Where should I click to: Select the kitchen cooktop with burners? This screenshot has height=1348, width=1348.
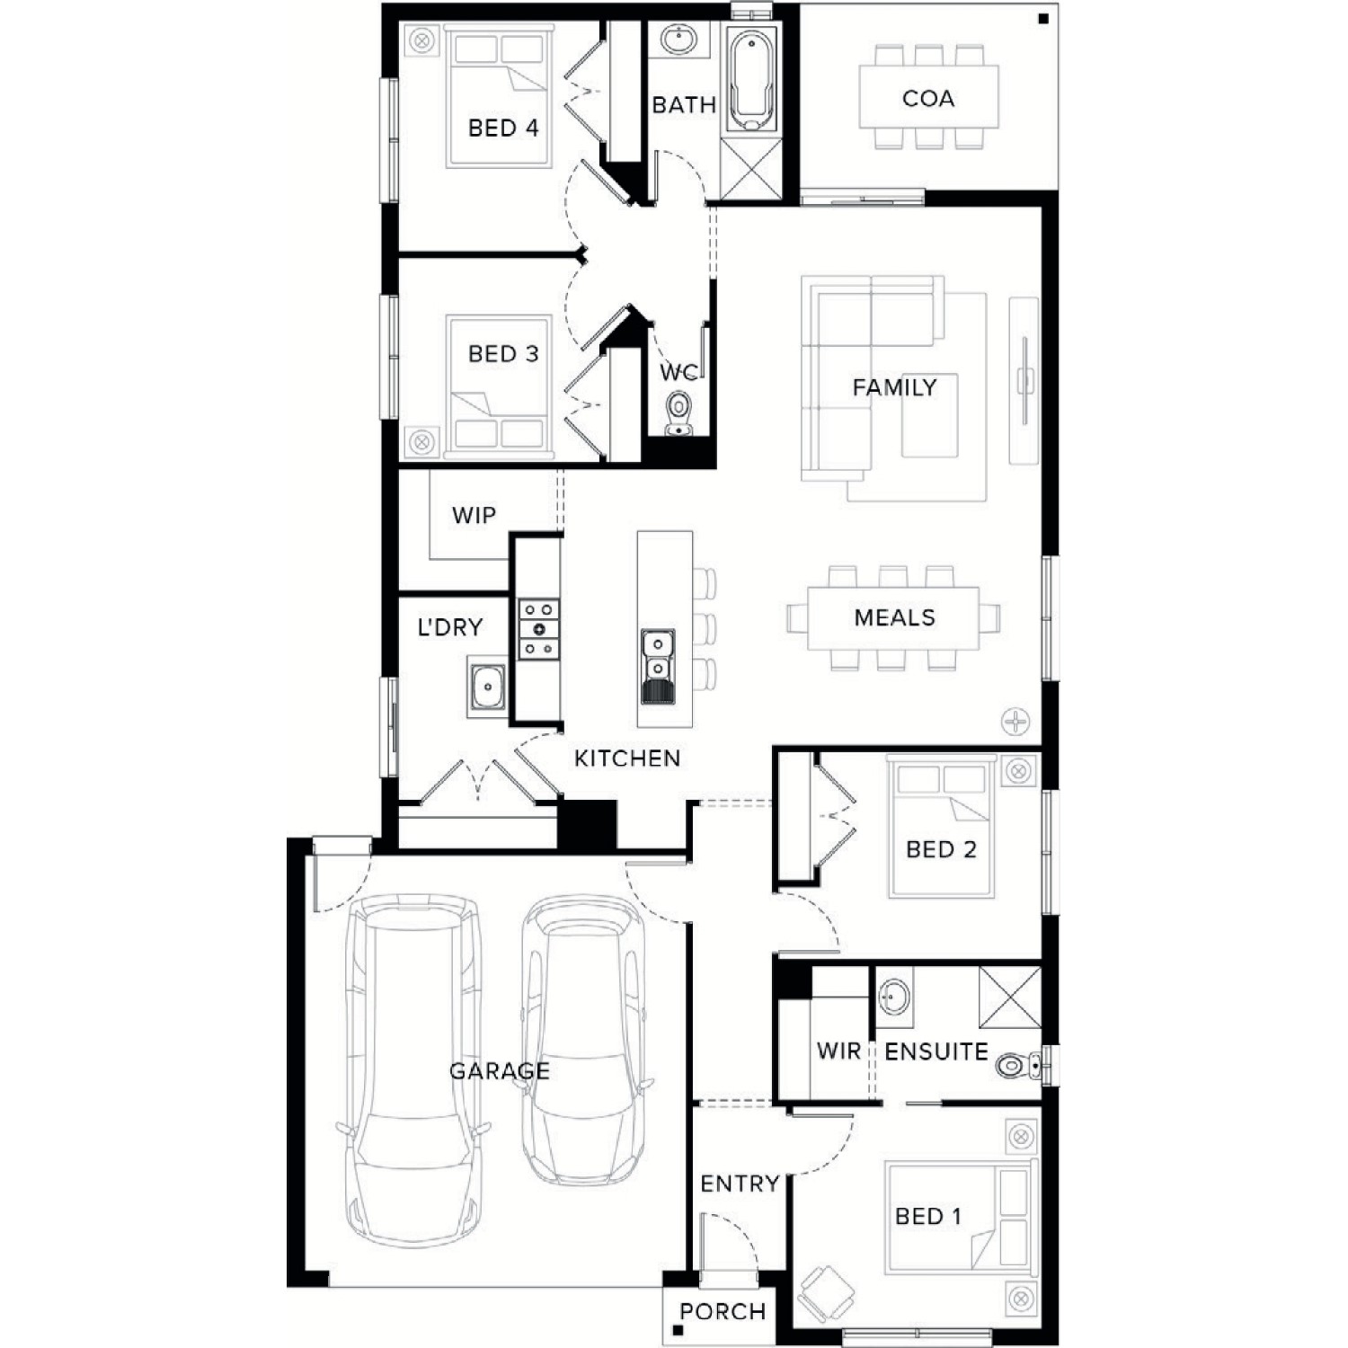[x=538, y=629]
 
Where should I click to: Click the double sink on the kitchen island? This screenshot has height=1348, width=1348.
[x=658, y=665]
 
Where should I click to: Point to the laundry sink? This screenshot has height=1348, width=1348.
[x=486, y=688]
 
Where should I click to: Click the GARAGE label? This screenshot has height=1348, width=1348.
[x=499, y=1070]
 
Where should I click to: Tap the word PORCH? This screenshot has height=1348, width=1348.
[x=723, y=1311]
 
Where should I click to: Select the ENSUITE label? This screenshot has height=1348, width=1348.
[x=936, y=1051]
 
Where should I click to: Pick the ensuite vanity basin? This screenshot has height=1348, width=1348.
[x=893, y=998]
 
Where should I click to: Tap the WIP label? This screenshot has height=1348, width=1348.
[x=474, y=515]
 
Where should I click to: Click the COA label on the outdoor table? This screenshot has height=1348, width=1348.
[x=928, y=98]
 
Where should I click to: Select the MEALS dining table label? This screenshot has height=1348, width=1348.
[x=894, y=617]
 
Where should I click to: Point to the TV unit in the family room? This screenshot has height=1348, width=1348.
[x=1024, y=380]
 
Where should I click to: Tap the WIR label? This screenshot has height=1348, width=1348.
[x=838, y=1051]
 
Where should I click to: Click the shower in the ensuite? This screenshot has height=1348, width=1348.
[x=1009, y=997]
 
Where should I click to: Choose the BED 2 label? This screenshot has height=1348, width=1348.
[x=941, y=849]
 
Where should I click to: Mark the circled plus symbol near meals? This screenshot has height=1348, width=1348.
[x=1015, y=721]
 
